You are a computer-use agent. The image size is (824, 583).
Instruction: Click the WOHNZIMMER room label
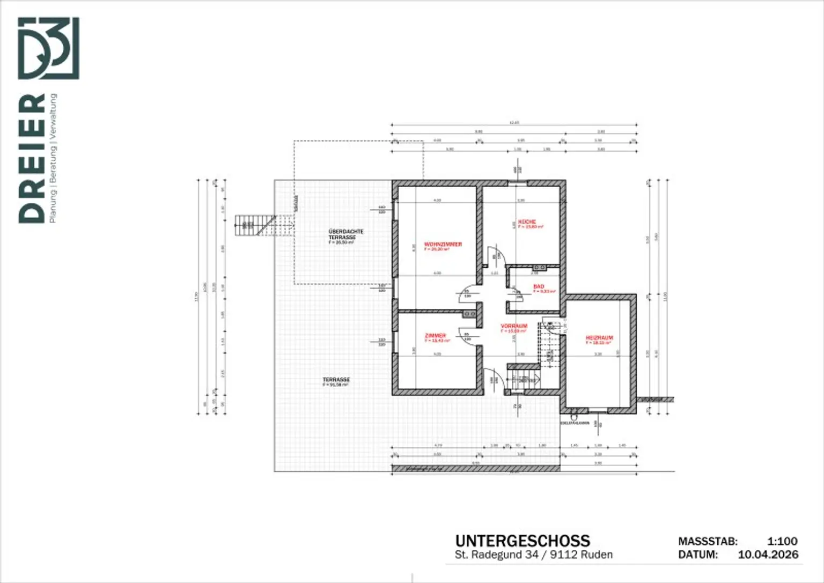pos(443,245)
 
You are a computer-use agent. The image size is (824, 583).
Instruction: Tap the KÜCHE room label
pos(527,222)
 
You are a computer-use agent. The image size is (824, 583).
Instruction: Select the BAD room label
pos(539,287)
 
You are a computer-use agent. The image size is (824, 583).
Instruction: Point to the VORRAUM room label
pos(514,326)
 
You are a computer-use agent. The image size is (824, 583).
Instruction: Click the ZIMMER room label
pos(435,336)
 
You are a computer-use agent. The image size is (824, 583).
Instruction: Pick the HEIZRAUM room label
pos(599,338)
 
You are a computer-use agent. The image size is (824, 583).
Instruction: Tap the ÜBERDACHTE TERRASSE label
pos(345,234)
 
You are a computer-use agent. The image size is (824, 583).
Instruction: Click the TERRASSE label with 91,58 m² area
pos(336,380)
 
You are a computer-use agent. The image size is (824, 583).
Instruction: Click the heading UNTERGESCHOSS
pos(522,541)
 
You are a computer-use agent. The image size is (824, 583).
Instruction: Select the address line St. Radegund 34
pos(533,555)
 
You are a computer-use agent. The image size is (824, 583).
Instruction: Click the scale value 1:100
pos(782,541)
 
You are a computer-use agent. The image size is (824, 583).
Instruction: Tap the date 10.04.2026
pos(768,555)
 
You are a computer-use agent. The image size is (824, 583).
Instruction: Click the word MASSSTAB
pos(708,542)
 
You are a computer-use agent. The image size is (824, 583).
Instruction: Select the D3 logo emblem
pos(48,48)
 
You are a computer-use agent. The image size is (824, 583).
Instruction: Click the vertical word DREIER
pos(32,158)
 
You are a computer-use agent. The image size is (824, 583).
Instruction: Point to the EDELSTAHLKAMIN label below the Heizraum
pos(574,423)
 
